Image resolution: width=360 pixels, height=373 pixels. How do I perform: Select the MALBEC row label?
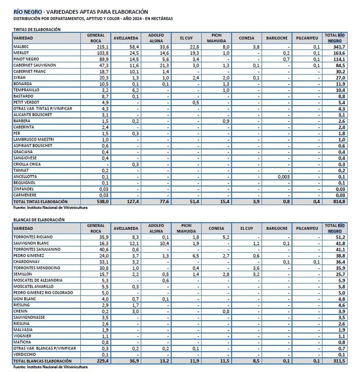pos(21,46)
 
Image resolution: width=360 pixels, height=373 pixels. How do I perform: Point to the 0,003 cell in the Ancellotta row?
pos(283,176)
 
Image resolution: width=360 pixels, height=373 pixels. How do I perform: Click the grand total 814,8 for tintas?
pos(338,202)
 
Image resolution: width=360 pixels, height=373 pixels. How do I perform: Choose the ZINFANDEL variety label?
pos(24,189)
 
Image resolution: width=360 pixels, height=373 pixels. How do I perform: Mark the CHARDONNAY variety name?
pos(27,262)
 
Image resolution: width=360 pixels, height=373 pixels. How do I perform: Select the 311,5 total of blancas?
pos(338,361)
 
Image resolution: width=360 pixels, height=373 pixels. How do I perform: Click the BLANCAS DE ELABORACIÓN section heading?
pos(39,220)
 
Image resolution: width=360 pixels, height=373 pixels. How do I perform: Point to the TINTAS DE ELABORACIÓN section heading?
pos(37,29)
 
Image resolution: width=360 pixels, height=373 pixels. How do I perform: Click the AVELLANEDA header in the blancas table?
pos(126,228)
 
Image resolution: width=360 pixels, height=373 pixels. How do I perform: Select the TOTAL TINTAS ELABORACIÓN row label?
pos(40,202)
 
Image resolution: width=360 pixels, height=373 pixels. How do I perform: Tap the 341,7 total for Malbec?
pos(338,46)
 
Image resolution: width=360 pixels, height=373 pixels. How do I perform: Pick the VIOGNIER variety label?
pos(23,336)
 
